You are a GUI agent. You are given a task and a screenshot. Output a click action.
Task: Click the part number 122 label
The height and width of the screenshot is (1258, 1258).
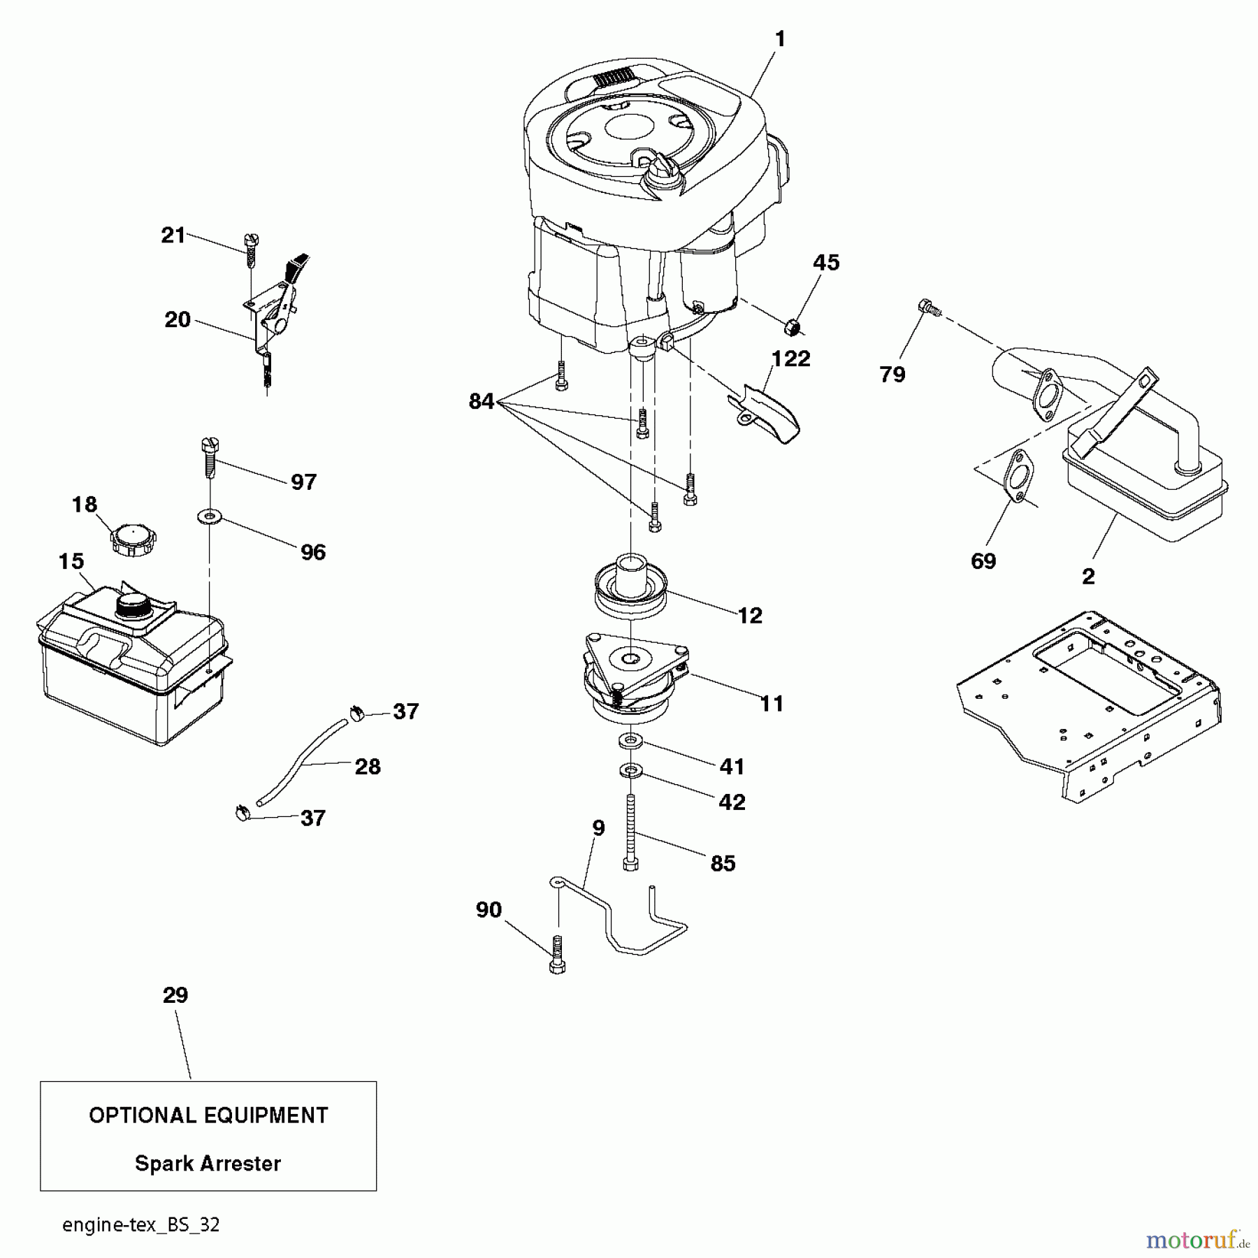click(790, 359)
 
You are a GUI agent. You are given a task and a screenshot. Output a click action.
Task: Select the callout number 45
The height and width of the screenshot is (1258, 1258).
click(825, 263)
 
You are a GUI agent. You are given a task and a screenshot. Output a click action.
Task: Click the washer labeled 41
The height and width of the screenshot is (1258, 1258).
click(630, 739)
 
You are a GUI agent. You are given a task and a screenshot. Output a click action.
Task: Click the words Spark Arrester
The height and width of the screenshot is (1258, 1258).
click(208, 1164)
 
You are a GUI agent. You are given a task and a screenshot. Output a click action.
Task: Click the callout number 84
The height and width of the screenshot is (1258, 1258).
click(482, 402)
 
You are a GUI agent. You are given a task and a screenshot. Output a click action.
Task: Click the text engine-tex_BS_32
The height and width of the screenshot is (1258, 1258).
click(140, 1225)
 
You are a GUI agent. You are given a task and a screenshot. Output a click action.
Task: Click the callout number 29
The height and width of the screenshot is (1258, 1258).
click(175, 995)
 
